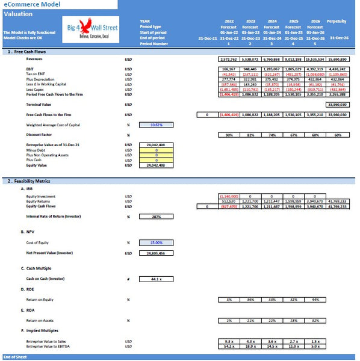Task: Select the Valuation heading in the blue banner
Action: pos(18,14)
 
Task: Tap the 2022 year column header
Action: pos(229,21)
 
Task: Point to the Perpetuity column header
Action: pos(337,21)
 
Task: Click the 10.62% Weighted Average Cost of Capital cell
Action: pos(157,125)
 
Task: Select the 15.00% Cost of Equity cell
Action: pos(157,242)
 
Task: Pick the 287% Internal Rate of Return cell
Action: pos(157,217)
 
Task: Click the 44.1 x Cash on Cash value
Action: pos(157,279)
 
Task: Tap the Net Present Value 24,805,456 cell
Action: pos(157,253)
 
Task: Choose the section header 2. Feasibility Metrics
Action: pos(30,180)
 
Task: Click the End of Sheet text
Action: pos(14,357)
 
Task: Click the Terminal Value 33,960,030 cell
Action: pos(337,104)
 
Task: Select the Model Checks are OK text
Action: pos(23,37)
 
